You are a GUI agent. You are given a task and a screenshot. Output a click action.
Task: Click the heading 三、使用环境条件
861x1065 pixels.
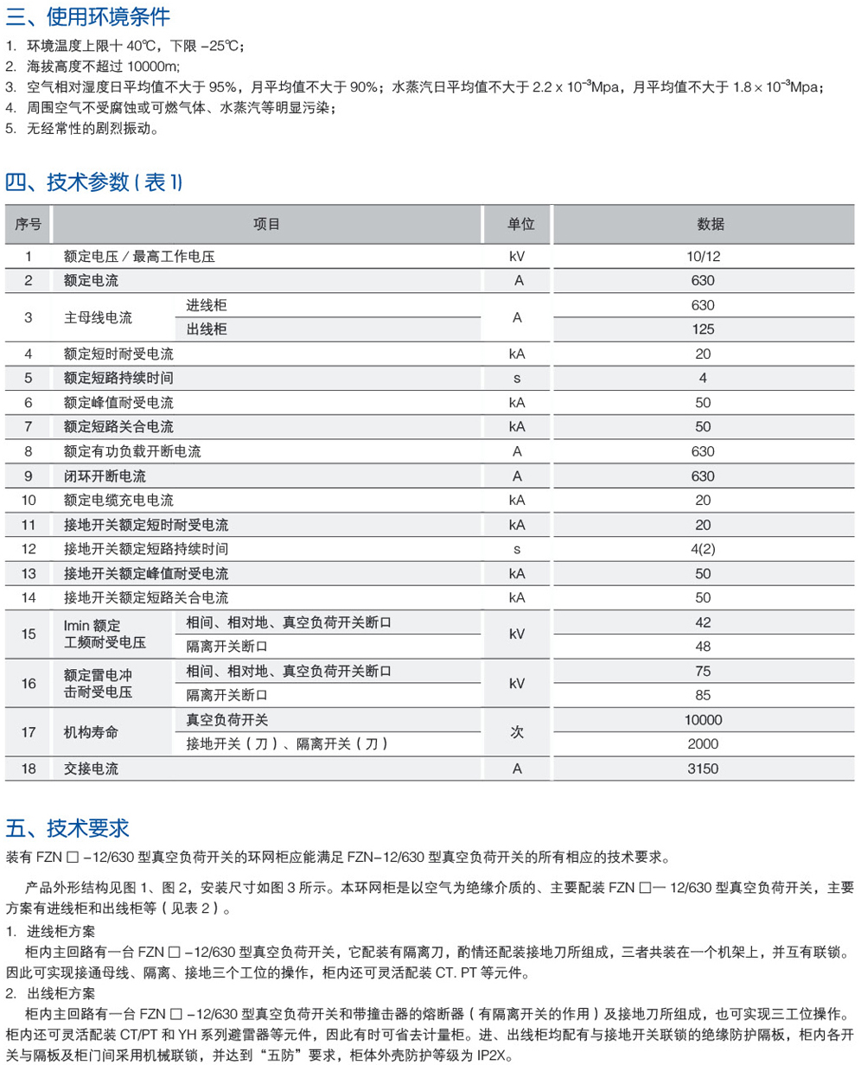point(87,16)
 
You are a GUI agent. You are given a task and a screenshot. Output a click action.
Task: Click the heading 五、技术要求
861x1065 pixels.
point(67,827)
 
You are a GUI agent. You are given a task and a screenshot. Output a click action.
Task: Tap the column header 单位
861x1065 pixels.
point(517,224)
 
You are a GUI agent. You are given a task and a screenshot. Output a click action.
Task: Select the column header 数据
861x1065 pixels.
point(703,224)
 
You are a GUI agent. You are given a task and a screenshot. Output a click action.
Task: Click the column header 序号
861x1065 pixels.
point(29,224)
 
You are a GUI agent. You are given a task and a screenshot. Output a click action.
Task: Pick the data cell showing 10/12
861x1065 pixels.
point(703,256)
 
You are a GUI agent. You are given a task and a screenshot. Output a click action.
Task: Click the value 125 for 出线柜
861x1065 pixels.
point(703,329)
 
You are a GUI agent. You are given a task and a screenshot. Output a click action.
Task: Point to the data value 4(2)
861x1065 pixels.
point(703,549)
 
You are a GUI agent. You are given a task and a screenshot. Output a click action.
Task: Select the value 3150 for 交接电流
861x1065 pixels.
point(703,768)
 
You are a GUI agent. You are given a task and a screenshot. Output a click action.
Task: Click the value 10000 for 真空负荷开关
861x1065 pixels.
point(703,720)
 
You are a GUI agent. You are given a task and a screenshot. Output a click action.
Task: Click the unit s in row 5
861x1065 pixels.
point(517,378)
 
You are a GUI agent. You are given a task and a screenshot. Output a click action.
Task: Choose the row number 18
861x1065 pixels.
point(29,768)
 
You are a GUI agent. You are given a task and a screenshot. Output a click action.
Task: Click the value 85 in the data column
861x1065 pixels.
point(703,695)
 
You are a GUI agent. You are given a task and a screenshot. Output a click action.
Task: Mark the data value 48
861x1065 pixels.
point(703,647)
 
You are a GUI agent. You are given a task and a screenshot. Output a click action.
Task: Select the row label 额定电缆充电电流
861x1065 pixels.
point(118,501)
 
